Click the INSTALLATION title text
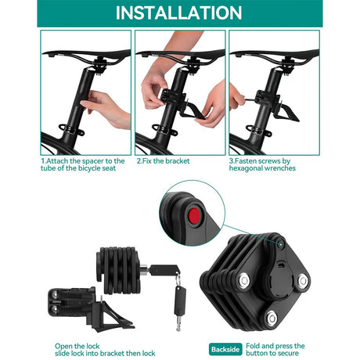[178, 13]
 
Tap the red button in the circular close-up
[195, 215]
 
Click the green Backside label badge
[225, 349]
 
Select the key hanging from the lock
[179, 308]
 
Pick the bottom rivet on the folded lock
[272, 318]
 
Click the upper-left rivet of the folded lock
[244, 280]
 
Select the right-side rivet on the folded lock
[303, 281]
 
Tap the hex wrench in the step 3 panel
[250, 99]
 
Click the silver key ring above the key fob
[178, 279]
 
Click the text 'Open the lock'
[77, 346]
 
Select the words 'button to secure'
[272, 353]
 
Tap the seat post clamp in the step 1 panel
[71, 129]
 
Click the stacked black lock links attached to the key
[119, 270]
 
